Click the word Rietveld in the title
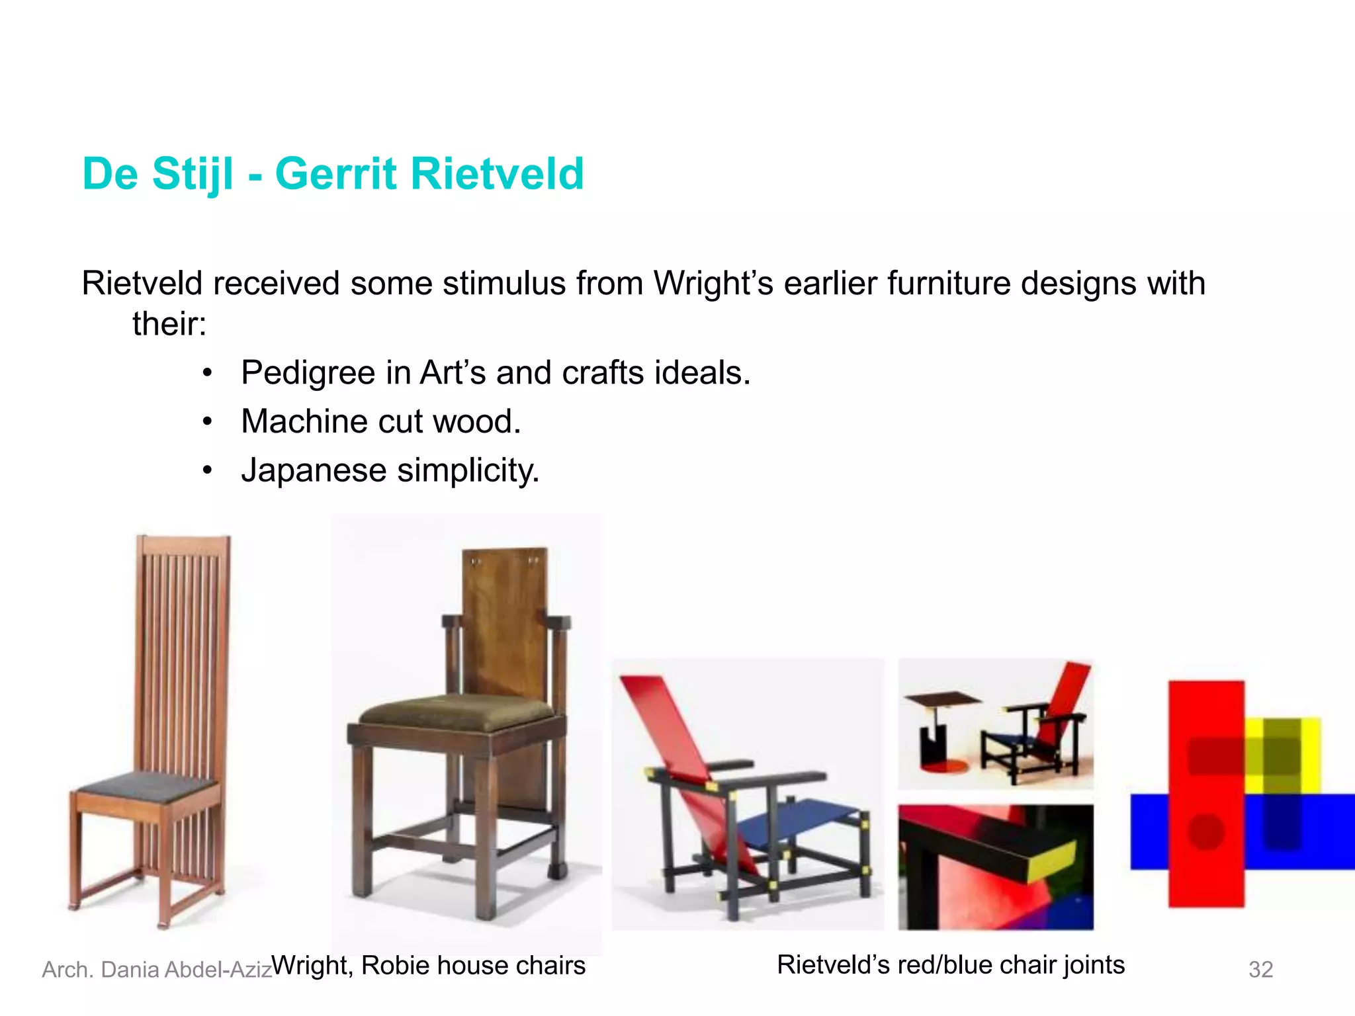click(497, 173)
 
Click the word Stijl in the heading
click(193, 175)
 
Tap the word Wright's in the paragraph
click(713, 283)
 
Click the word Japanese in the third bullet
click(314, 470)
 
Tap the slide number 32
click(1260, 970)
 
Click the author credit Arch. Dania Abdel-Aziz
click(157, 970)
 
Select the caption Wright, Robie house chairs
click(429, 966)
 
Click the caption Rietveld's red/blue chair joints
click(951, 965)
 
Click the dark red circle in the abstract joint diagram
click(1205, 831)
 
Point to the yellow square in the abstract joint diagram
click(1284, 754)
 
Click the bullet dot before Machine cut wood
click(208, 422)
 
